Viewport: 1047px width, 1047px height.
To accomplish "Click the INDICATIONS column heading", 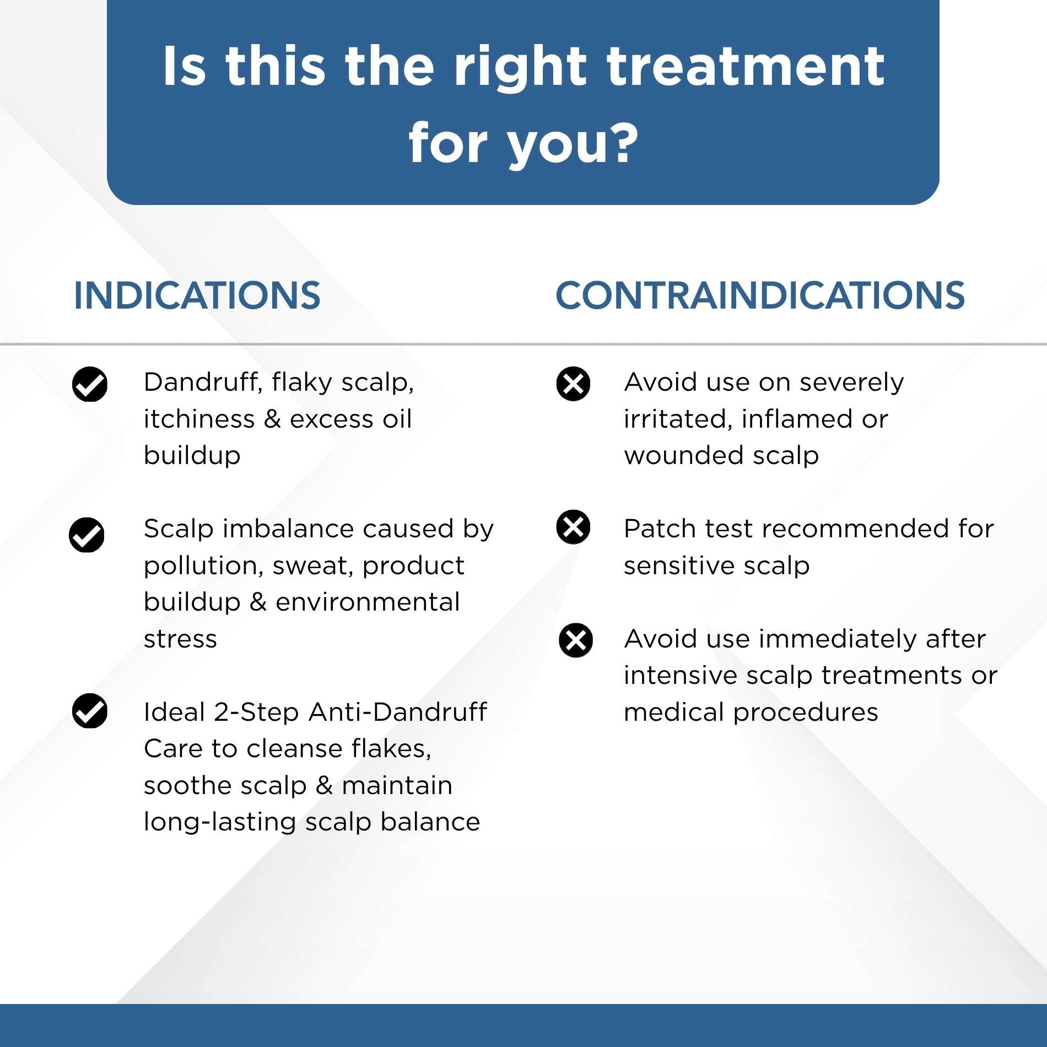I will coord(197,295).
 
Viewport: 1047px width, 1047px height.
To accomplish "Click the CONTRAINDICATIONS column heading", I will coord(760,295).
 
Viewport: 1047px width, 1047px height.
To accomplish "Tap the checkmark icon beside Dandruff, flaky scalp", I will coord(90,384).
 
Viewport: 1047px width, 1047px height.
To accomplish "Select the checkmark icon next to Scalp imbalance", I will coord(87,535).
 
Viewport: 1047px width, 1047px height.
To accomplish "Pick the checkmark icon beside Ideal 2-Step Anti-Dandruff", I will coord(90,711).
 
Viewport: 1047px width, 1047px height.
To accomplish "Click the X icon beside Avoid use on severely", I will coord(573,384).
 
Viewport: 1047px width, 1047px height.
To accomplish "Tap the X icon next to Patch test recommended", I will coord(573,527).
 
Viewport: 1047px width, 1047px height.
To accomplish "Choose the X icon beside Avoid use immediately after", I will coord(576,640).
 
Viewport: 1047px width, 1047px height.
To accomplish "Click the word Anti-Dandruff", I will coord(397,712).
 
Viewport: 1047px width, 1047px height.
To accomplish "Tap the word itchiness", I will coord(199,419).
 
